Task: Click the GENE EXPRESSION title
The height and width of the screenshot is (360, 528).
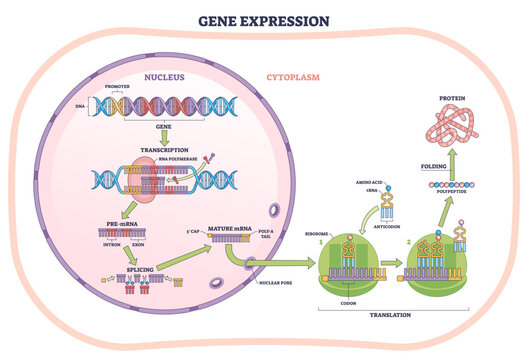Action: tap(264, 20)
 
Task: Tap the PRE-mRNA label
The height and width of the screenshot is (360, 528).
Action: tap(120, 224)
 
